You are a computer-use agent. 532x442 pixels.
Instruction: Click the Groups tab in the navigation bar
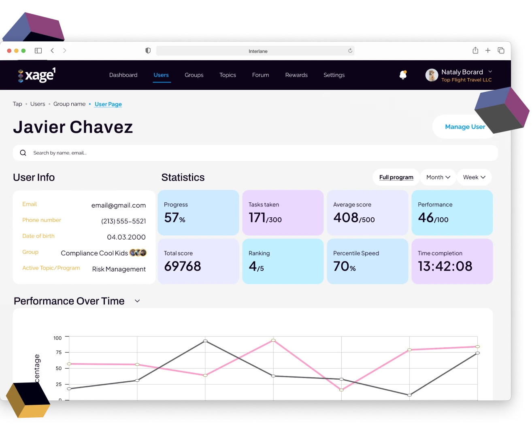[x=194, y=75]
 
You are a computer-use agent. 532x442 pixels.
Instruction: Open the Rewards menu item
[x=296, y=75]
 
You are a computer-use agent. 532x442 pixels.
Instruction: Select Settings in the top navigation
[x=334, y=75]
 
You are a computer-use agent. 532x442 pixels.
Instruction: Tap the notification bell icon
[x=403, y=75]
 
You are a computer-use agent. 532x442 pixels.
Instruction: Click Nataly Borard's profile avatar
[x=432, y=75]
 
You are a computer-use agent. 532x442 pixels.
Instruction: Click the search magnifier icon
[x=23, y=153]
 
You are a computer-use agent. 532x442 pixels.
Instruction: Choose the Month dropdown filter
[x=438, y=177]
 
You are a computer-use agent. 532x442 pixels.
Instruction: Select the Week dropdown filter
[x=474, y=177]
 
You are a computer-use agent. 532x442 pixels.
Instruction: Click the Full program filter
[x=396, y=177]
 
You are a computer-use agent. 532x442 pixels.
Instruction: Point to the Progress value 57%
[x=174, y=218]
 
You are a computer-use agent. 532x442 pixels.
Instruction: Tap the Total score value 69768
[x=183, y=266]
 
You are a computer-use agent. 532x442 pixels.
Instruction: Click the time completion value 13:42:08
[x=445, y=266]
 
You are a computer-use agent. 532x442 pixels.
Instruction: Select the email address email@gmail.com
[x=119, y=205]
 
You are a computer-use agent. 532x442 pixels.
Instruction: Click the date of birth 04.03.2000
[x=126, y=237]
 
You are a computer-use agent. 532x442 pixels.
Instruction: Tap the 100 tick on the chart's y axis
[x=57, y=338]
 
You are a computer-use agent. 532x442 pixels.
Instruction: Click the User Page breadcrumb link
[x=108, y=104]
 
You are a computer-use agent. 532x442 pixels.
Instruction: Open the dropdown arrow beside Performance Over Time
[x=137, y=301]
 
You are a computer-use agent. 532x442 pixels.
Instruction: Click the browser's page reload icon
[x=350, y=51]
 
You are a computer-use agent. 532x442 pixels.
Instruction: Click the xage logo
[x=37, y=75]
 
